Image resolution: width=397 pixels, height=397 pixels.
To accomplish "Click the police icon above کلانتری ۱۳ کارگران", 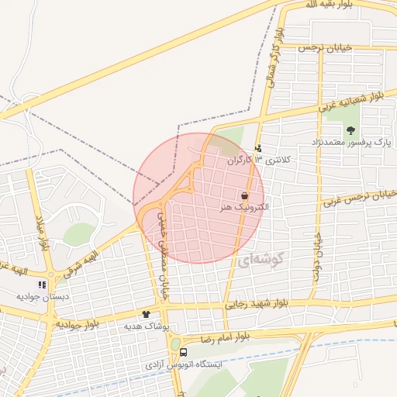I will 259,147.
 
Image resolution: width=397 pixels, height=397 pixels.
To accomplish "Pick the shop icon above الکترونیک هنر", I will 245,195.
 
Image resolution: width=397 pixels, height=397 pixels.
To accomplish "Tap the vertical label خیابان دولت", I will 317,247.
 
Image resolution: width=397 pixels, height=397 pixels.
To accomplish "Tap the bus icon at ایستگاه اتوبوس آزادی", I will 183,351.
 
